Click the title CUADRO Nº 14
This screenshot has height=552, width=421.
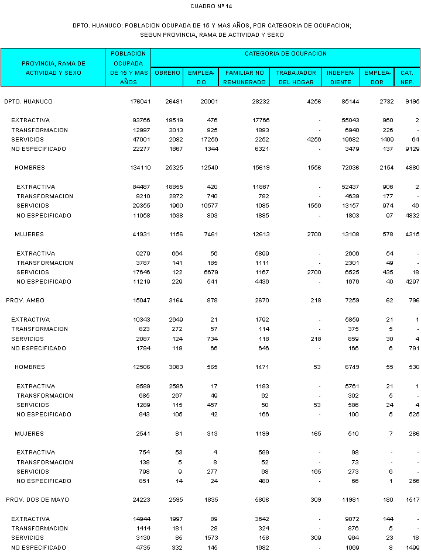point(211,6)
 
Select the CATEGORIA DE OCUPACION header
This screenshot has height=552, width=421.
point(285,54)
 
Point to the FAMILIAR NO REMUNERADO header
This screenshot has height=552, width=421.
point(245,77)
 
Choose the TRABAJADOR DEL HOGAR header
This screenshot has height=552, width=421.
point(296,77)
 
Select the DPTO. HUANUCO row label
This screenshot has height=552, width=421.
point(28,102)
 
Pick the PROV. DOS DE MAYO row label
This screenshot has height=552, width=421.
point(37,500)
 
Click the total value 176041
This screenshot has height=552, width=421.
point(138,102)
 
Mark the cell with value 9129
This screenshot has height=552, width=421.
point(410,149)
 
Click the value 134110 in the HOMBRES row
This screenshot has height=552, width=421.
point(138,168)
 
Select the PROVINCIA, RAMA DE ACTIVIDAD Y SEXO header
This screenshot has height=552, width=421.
point(53,68)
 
